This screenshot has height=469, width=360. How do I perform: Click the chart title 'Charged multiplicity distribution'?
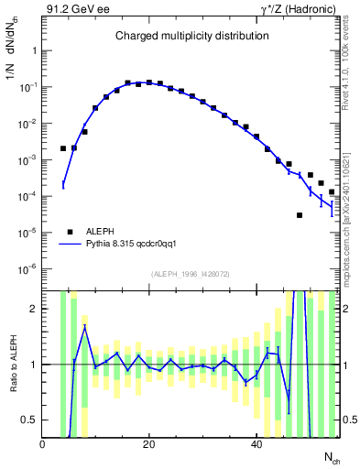point(191,36)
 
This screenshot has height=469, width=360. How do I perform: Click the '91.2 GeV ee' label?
point(74,9)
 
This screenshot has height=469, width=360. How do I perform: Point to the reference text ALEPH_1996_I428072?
point(191,274)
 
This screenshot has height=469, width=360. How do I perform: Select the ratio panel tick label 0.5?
point(31,420)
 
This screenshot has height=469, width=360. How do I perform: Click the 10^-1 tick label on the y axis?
point(27,87)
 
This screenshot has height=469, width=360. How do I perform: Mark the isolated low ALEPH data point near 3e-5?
point(300,215)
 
